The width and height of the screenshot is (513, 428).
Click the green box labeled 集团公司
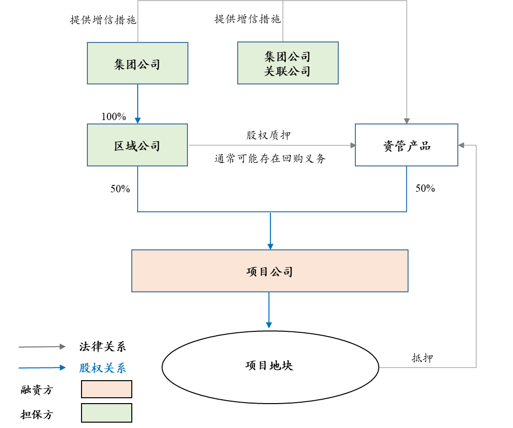coord(138,63)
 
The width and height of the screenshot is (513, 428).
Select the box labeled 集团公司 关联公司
coord(287,63)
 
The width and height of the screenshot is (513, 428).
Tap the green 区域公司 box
coord(137,145)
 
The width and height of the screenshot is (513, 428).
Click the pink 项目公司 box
coord(269,271)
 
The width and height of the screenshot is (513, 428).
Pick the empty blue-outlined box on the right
coord(406,145)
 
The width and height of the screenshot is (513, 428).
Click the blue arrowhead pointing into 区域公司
coord(138,120)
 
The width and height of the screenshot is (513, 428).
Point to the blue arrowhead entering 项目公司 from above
coord(270,246)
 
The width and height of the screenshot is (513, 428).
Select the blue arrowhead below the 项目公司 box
coord(269,325)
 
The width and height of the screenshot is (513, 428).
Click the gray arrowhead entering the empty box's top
coord(407,121)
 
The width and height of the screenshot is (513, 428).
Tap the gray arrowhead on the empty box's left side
coord(353,145)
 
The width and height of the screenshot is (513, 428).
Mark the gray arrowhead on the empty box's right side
coord(461,145)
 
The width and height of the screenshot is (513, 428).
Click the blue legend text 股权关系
coord(103,368)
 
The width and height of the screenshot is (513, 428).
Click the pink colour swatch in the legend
coord(106,389)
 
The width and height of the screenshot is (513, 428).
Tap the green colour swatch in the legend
coord(106,413)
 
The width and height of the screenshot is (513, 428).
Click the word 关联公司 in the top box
coord(287,71)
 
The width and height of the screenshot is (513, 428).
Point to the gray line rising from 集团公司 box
coord(138,22)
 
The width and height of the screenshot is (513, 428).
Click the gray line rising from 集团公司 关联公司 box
coord(283,22)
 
